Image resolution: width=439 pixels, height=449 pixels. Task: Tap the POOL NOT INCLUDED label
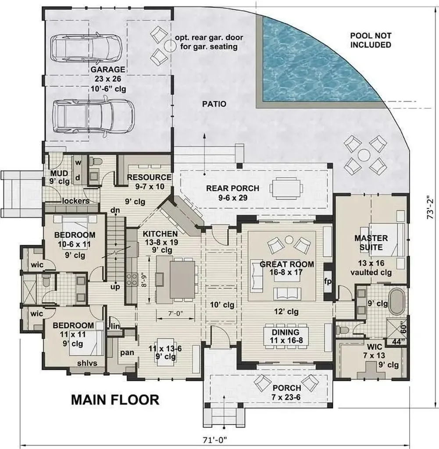point(371,40)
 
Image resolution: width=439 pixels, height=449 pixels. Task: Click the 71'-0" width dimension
point(217,440)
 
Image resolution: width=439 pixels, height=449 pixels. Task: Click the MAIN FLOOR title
point(115,400)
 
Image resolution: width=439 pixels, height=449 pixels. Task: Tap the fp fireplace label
point(328,281)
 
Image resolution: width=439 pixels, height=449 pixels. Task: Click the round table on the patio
point(364,156)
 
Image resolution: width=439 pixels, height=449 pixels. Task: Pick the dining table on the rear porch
point(286,188)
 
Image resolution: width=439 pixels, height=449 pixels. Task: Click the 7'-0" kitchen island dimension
point(175,314)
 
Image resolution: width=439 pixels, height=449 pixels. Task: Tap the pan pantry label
point(127,353)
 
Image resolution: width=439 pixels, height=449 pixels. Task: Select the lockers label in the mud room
point(75,201)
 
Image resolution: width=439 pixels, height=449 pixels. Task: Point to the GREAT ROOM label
point(287,264)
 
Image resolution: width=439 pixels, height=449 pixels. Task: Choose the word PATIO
point(214,104)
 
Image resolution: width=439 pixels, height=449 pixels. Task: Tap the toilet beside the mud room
point(94,162)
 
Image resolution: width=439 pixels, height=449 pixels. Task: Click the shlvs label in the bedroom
point(87,363)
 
